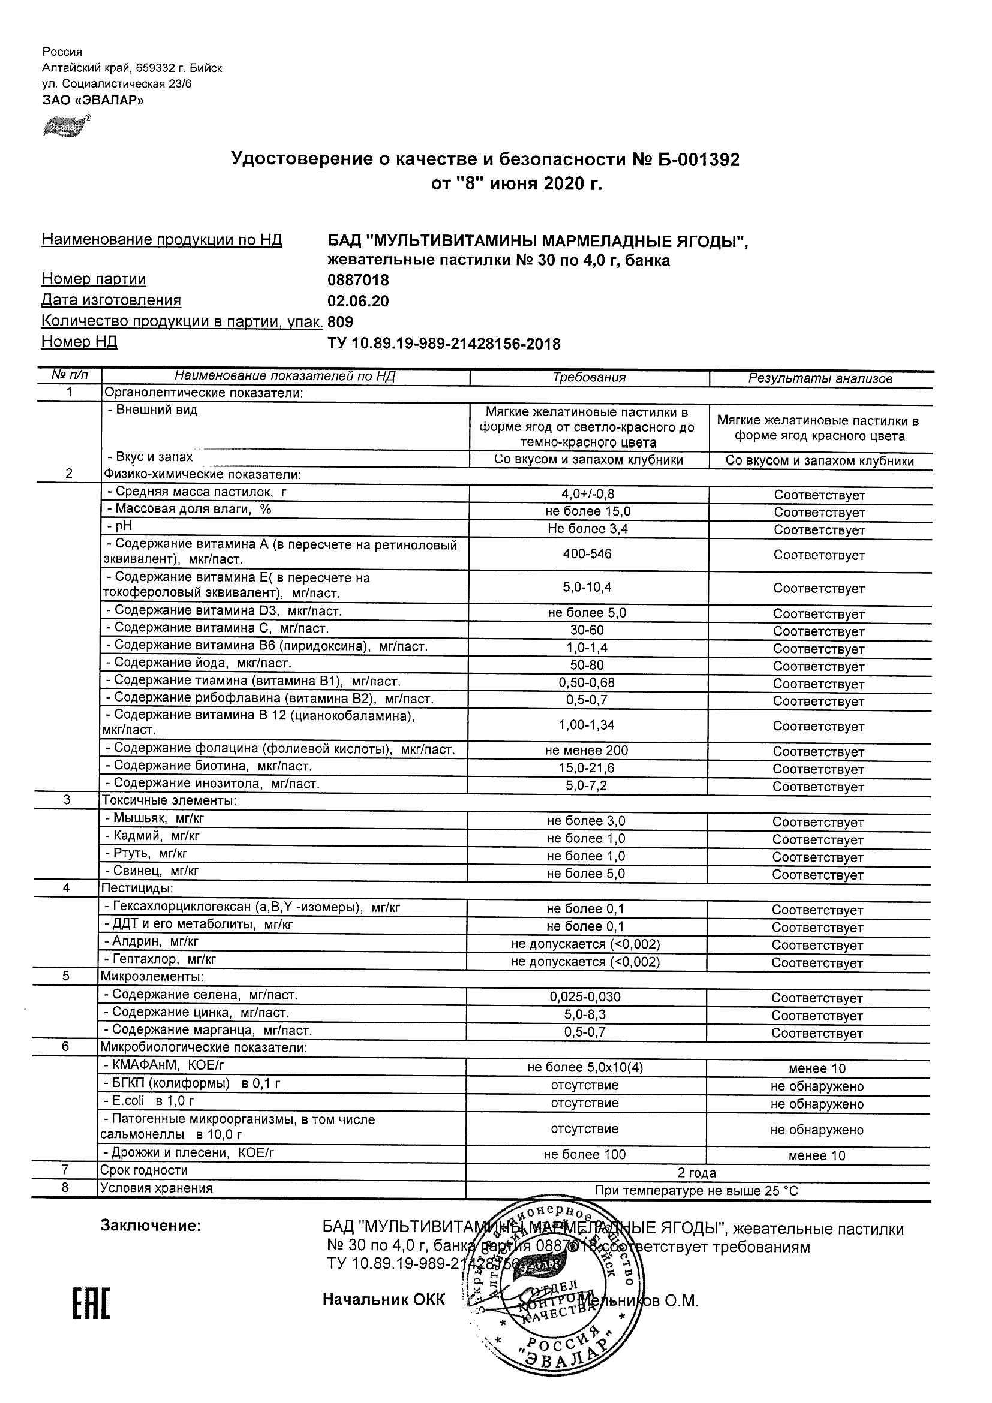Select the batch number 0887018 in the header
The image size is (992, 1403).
[x=358, y=281]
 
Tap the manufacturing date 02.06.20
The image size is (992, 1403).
[x=358, y=301]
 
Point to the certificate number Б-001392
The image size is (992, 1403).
[x=696, y=160]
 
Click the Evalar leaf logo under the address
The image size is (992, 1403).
[x=64, y=127]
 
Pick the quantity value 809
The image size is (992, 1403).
[x=341, y=322]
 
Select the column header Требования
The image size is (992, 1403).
[x=589, y=378]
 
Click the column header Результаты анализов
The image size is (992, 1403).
[x=820, y=379]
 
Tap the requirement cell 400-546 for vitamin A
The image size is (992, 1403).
[x=587, y=553]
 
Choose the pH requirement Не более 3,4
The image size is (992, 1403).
[x=587, y=529]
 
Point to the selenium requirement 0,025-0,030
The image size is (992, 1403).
[x=585, y=996]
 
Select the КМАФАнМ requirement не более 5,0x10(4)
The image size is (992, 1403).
[x=585, y=1067]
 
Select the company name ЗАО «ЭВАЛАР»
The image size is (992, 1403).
[x=93, y=100]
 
